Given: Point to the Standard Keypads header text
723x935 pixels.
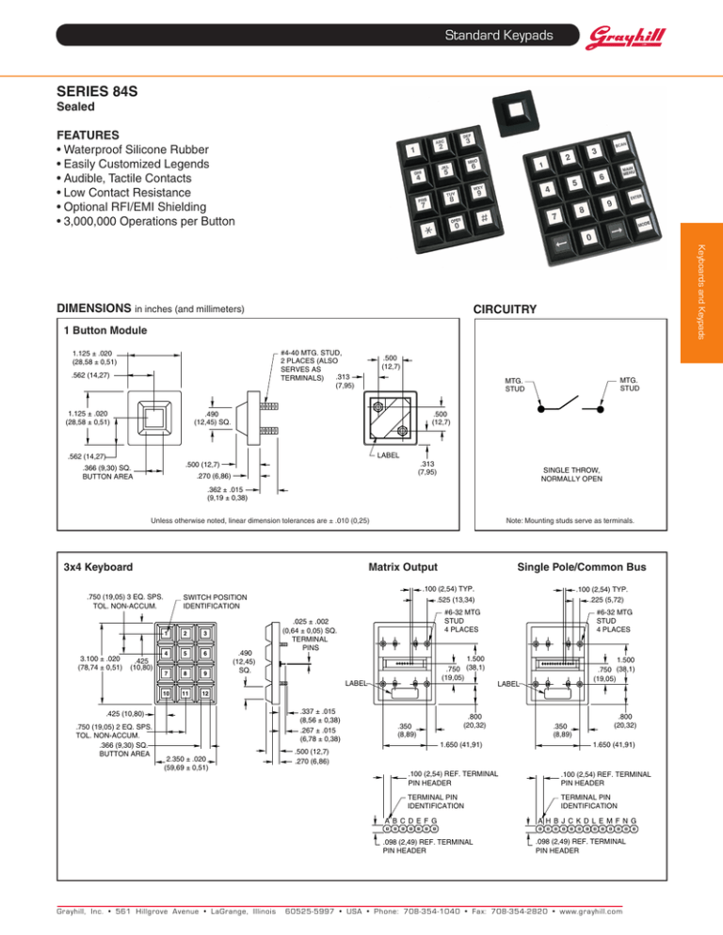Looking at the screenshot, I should [x=498, y=37].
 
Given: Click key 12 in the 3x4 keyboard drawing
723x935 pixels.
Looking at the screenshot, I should [x=203, y=694].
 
